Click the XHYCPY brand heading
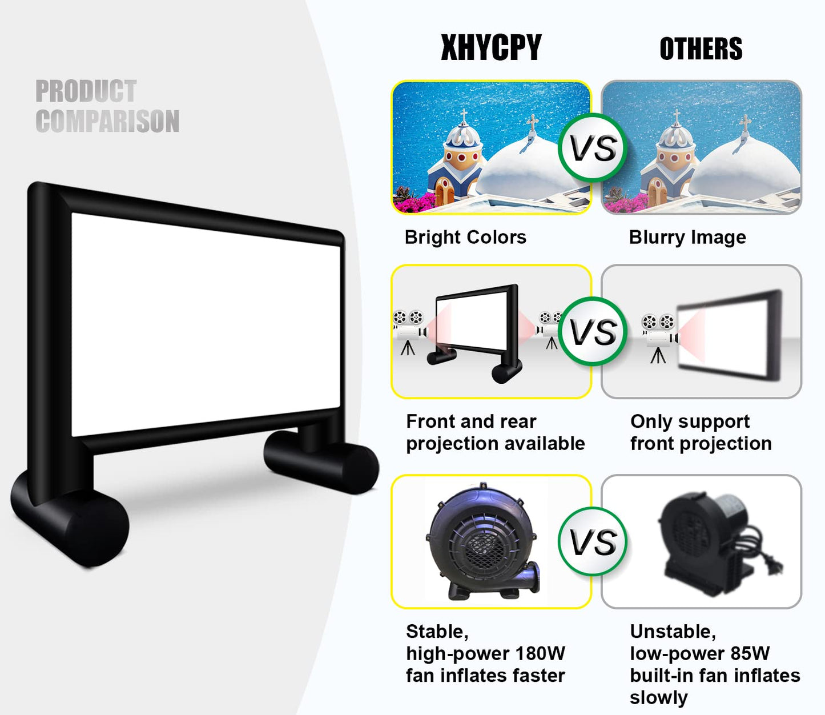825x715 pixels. click(x=491, y=48)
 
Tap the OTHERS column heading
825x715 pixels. click(x=701, y=49)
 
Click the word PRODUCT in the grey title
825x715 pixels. click(x=86, y=91)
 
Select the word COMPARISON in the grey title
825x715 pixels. click(x=107, y=122)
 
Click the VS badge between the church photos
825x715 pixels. click(x=593, y=148)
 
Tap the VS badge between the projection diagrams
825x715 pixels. click(x=593, y=332)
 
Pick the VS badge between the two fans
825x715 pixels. click(x=593, y=541)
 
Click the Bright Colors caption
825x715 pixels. click(x=465, y=237)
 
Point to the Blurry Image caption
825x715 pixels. click(x=687, y=237)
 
